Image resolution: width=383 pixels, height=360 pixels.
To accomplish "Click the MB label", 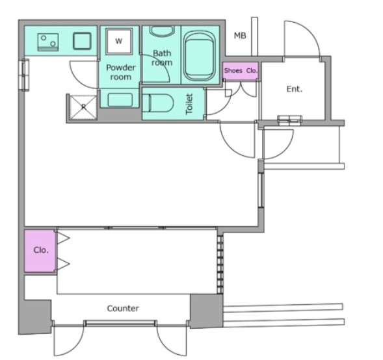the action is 240,36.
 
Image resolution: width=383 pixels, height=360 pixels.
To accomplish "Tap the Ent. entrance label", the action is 295,89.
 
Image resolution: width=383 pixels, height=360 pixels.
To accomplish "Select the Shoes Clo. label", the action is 241,71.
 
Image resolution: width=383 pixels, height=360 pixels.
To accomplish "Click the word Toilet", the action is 189,104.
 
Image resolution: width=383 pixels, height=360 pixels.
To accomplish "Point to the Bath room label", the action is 162,58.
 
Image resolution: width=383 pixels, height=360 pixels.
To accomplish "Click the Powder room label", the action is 121,72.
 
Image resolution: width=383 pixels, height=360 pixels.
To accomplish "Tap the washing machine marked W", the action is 119,41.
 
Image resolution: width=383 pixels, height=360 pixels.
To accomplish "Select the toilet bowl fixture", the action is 158,103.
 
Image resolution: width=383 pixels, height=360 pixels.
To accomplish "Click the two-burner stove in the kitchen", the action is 48,42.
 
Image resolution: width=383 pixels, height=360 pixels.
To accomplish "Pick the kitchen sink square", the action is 82,41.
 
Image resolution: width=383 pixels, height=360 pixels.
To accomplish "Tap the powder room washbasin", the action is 120,100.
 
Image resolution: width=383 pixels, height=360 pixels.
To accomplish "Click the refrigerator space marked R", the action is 83,107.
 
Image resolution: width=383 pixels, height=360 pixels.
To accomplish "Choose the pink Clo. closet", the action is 40,250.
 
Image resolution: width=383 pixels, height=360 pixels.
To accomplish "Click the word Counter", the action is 123,309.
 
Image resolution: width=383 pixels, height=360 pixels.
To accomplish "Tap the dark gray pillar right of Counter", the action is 206,311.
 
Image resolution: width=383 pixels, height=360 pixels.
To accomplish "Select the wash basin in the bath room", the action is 162,31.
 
